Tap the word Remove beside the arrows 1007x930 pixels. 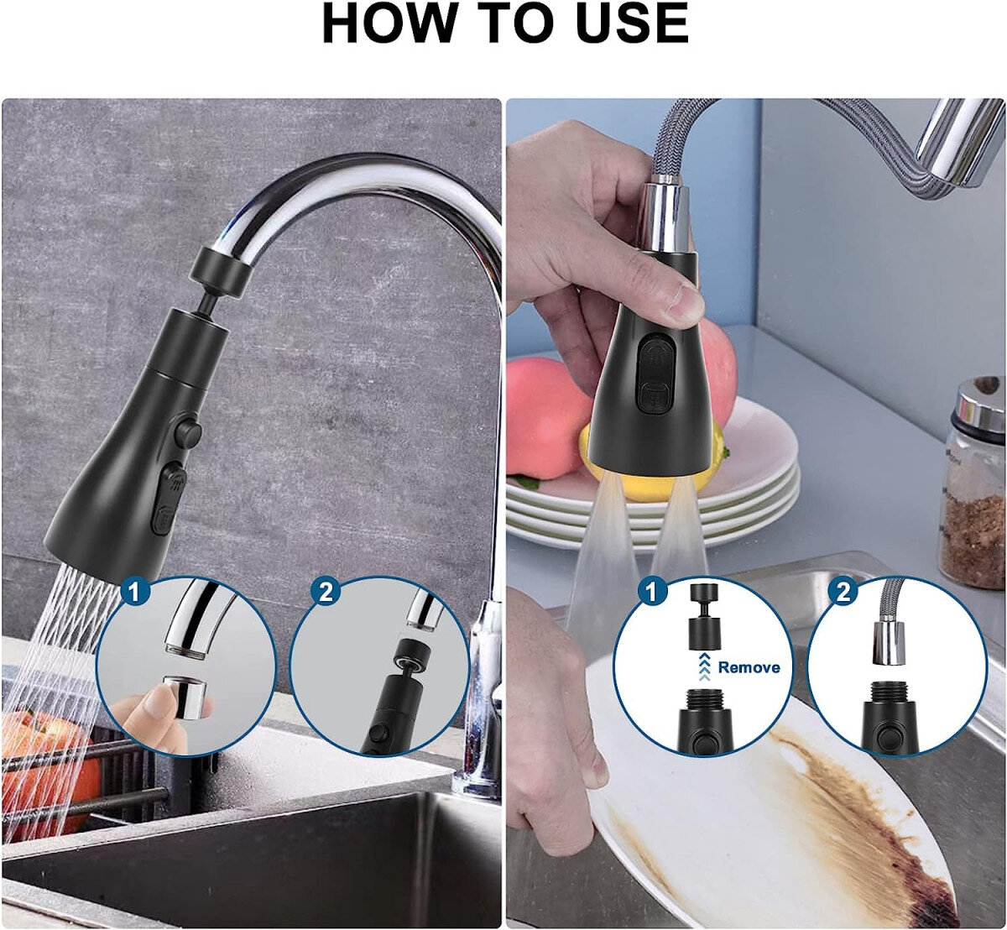749,666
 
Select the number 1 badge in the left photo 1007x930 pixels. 134,592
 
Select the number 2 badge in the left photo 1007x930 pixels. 326,592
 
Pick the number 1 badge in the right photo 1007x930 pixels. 651,592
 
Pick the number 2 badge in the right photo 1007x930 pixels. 843,592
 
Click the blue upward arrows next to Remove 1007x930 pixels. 702,666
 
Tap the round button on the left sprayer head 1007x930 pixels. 187,432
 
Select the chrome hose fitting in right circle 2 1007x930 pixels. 890,641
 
